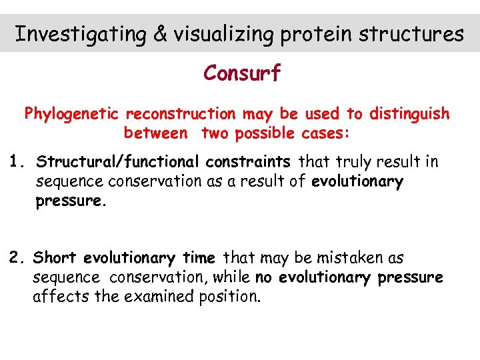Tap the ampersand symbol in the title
[161, 33]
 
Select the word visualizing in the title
[224, 33]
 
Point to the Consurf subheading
[242, 73]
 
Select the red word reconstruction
[180, 114]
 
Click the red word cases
[324, 133]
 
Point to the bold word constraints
[248, 162]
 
